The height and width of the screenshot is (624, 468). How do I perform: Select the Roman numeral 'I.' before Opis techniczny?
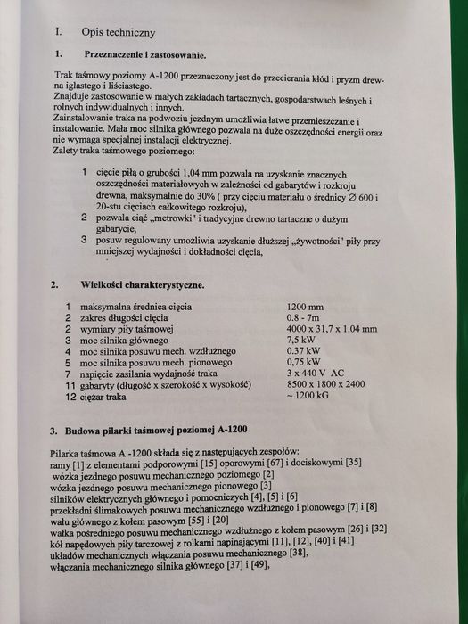[x=58, y=31]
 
